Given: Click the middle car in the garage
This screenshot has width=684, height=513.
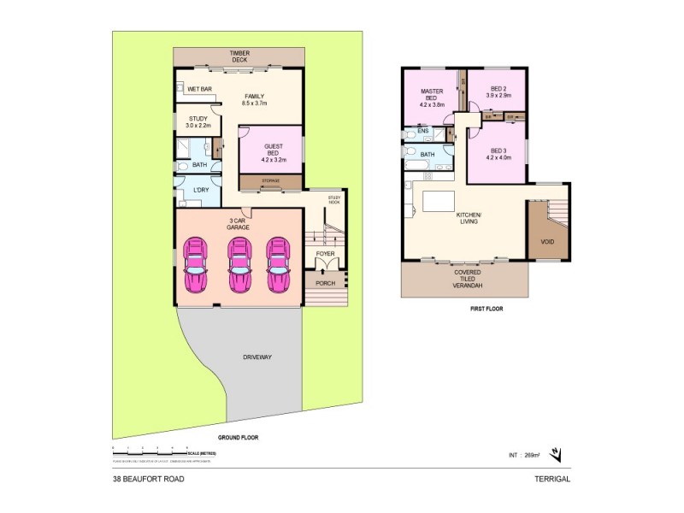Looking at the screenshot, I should [239, 265].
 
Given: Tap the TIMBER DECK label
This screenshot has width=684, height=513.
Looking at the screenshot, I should [239, 57].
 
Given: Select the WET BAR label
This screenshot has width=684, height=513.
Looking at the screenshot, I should [200, 89].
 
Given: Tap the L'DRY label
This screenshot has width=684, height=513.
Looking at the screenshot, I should [201, 189].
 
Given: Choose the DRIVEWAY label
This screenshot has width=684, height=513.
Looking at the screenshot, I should [256, 357].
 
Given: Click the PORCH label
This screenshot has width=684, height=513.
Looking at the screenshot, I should [326, 283].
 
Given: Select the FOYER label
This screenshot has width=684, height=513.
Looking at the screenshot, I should [326, 254].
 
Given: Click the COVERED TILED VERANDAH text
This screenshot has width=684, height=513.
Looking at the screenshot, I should [466, 279].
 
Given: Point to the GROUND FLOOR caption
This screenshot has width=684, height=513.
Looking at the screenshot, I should [238, 437].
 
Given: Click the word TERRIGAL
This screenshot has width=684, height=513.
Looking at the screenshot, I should [552, 479].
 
